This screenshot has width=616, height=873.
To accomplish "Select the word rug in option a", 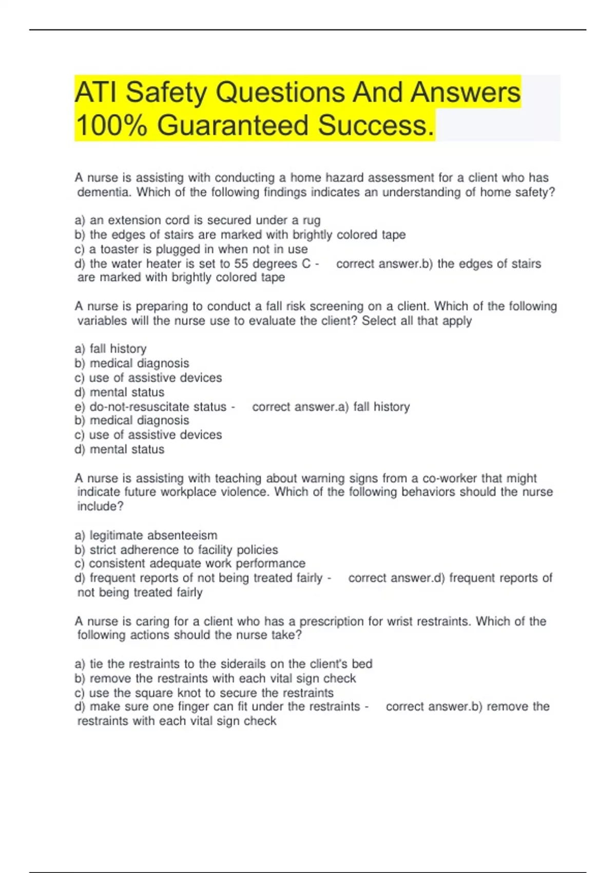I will coord(312,220).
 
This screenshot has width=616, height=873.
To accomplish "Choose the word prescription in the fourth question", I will coord(332,621).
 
